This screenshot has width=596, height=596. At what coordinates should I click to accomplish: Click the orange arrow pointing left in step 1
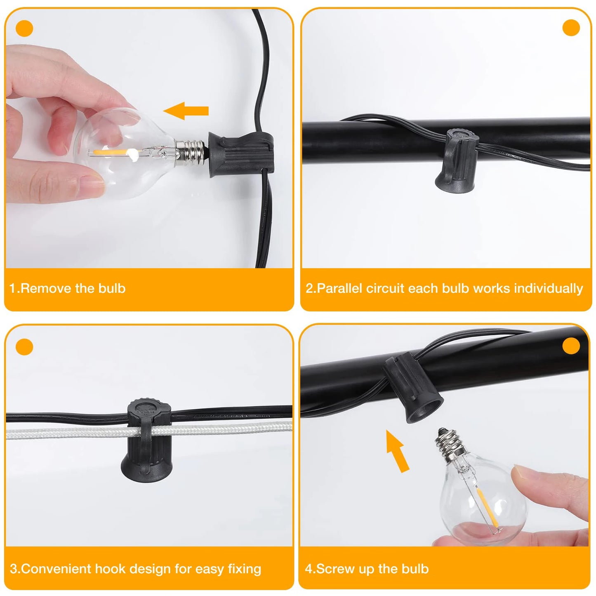tap(186, 111)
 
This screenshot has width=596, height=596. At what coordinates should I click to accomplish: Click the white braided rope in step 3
tap(149, 430)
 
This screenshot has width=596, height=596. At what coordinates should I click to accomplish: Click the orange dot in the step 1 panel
tap(24, 28)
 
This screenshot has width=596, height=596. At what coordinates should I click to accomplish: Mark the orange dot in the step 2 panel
tap(571, 28)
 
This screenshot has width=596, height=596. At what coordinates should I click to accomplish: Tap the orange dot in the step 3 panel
tap(24, 347)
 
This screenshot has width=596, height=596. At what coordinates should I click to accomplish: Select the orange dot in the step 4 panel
tap(571, 346)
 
